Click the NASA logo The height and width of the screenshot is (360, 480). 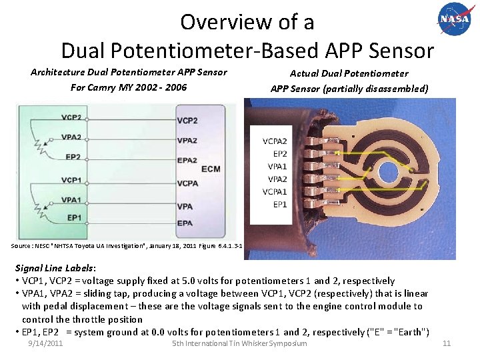454,19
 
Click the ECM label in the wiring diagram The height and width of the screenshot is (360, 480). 210,169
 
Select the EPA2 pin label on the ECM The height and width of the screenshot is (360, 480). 187,160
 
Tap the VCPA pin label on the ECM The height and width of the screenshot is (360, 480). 187,183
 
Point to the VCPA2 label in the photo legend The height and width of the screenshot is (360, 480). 275,141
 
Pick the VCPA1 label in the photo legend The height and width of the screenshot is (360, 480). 275,192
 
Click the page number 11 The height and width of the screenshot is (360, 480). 447,343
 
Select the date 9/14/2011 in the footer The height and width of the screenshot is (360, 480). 46,343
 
